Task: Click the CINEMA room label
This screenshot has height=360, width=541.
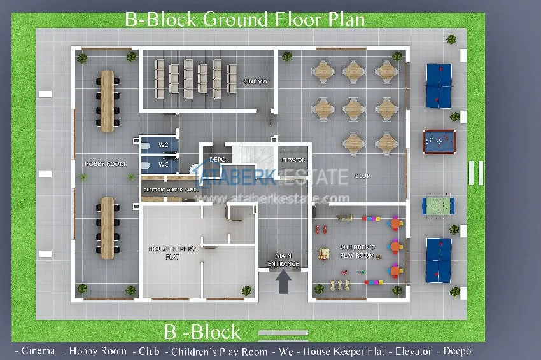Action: coord(255,81)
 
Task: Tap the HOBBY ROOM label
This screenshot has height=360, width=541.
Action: coord(105,164)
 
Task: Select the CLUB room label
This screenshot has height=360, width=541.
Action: coord(363,176)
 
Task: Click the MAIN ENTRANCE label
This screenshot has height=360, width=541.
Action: coord(283,260)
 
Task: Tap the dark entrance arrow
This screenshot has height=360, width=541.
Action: coord(284,281)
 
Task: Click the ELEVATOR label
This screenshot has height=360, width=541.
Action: coord(293,160)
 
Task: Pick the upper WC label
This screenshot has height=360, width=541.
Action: coord(164,144)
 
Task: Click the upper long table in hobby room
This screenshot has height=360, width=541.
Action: coord(107,100)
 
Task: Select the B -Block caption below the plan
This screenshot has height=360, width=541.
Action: coord(202,331)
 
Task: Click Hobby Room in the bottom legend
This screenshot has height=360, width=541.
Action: coord(94,350)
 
